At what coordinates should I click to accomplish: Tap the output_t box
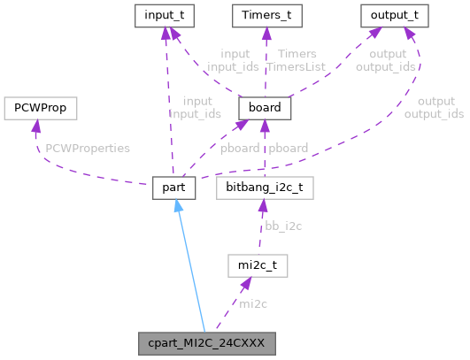point(394,15)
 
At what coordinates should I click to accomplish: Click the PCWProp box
point(39,108)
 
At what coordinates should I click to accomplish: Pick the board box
point(265,108)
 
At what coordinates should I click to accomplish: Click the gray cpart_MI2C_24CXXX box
point(208,341)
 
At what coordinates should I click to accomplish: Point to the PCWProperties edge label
point(88,148)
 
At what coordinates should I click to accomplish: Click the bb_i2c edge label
point(283,226)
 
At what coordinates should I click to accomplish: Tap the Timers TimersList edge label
point(297,61)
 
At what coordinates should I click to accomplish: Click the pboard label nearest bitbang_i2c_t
point(289,148)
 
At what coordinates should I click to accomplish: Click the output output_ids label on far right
point(434,108)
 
